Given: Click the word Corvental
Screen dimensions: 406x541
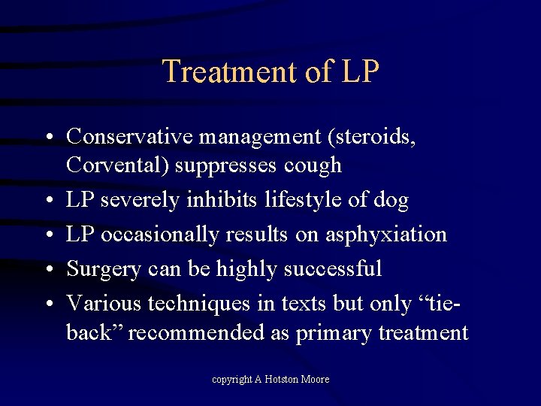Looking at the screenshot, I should coord(117,165).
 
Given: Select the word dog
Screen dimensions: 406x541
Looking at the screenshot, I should coord(391,201).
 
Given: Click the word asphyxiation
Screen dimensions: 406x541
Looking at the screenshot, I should coord(385,235).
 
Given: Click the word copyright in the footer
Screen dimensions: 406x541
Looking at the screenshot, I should coord(231,380).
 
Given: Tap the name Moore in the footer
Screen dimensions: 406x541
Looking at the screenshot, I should coord(315,380).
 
